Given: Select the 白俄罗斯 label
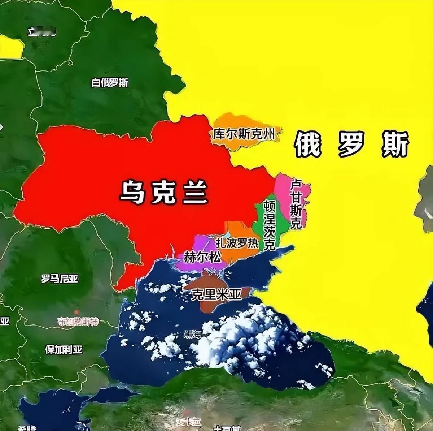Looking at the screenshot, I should (x=110, y=83).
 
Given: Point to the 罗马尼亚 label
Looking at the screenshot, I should (x=60, y=279).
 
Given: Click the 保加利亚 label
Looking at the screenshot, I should (x=64, y=350).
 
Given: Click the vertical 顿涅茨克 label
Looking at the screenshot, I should (x=269, y=225).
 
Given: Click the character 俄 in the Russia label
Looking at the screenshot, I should (x=308, y=144).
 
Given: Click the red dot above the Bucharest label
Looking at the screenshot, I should (x=76, y=312).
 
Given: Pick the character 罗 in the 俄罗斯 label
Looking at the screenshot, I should (x=351, y=144).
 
